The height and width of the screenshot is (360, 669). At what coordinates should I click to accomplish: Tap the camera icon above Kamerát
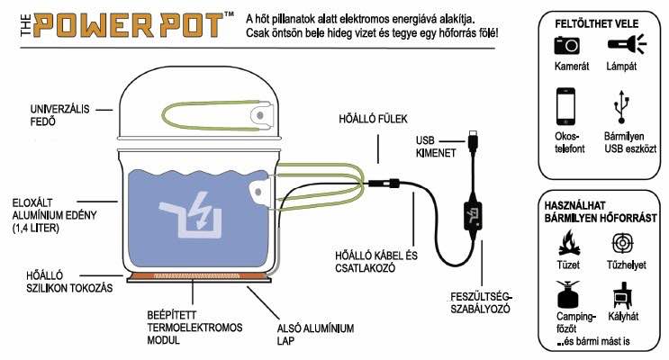566,45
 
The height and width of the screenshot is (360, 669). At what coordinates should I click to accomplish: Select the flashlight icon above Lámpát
627,44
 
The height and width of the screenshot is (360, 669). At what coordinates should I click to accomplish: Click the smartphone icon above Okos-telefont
565,106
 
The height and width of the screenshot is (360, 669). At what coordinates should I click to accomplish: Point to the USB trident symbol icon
621,106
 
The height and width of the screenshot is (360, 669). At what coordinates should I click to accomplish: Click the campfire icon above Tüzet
569,243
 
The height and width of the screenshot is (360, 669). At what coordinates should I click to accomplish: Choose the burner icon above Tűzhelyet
622,244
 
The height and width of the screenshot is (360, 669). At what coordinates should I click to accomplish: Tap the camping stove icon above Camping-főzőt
568,294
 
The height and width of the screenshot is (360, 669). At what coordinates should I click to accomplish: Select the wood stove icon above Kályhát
622,295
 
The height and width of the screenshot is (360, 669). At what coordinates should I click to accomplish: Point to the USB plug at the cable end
473,140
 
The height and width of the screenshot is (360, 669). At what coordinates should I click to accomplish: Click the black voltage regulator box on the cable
473,216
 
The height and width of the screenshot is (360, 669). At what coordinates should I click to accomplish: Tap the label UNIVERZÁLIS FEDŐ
59,115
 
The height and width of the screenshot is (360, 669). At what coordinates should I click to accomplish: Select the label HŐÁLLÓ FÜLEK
373,119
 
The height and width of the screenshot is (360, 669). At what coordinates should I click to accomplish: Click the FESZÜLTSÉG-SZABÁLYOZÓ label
482,302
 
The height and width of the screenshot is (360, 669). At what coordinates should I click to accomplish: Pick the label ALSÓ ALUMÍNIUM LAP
315,335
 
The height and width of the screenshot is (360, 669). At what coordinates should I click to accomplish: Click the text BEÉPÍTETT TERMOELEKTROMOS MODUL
194,328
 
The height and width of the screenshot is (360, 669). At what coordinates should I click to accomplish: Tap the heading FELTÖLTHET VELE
596,24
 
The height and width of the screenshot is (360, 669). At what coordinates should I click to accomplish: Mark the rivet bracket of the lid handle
261,114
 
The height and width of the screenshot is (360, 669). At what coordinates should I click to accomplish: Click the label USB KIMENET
436,147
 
